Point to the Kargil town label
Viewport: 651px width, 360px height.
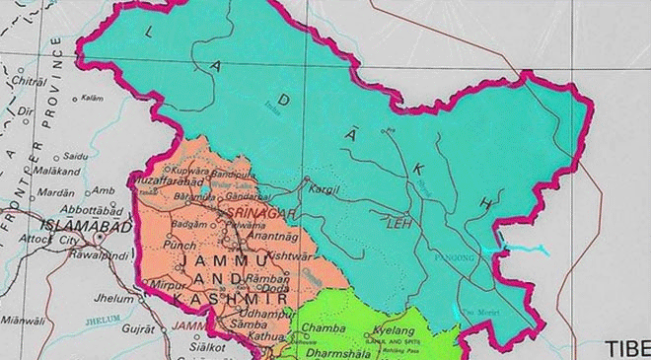324,186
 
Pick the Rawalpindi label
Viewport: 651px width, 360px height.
98,254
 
